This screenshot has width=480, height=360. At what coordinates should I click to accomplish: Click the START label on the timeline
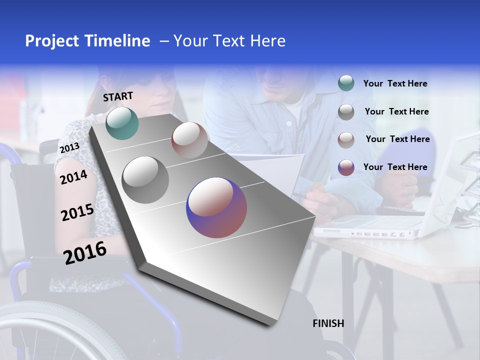[x=118, y=96]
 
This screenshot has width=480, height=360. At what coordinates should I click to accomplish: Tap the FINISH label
[x=328, y=323]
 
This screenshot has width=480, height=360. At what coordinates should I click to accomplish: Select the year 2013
[x=69, y=148]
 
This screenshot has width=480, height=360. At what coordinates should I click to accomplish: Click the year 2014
[x=74, y=177]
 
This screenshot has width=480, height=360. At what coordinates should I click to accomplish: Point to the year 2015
[x=77, y=212]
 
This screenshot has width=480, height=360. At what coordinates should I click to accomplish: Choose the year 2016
[x=85, y=252]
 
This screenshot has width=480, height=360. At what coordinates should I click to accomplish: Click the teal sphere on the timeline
[x=122, y=123]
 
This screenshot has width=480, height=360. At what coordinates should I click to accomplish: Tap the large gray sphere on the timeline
[x=145, y=179]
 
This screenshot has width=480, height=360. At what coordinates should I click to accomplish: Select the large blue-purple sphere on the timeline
[x=216, y=207]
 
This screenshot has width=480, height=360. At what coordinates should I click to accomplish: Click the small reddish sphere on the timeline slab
[x=189, y=139]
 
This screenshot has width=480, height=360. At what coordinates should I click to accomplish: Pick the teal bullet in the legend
[x=346, y=83]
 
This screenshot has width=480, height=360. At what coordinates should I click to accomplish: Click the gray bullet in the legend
[x=346, y=112]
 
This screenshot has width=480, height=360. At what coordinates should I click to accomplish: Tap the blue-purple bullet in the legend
[x=346, y=167]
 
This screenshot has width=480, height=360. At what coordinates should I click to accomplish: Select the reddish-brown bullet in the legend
[x=346, y=139]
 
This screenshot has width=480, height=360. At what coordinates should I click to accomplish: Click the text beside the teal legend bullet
[x=395, y=83]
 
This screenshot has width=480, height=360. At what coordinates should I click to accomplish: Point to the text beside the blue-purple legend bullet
[x=395, y=167]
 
